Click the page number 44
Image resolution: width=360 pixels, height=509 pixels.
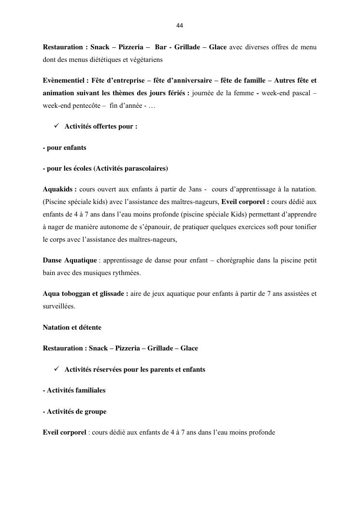click(180, 26)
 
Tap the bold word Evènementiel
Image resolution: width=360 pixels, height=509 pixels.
click(63, 80)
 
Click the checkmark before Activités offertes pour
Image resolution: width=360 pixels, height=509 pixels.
click(56, 126)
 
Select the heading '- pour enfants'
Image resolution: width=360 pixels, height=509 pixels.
click(65, 147)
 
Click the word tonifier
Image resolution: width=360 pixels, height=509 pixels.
click(304, 227)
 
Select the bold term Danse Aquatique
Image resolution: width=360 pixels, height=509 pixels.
click(70, 261)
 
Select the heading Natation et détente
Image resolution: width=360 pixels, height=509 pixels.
click(72, 327)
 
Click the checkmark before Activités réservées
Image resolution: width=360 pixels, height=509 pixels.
click(56, 369)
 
